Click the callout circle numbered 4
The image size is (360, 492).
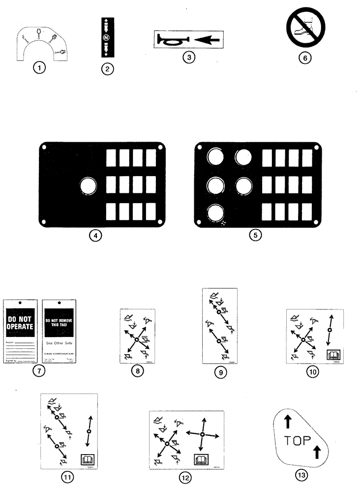tap(97, 235)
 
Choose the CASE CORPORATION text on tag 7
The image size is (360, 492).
tap(60, 353)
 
